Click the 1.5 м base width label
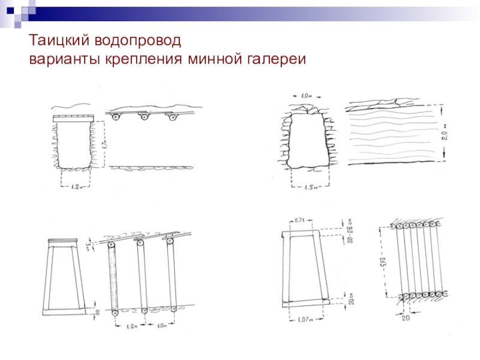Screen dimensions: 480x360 point(310,188)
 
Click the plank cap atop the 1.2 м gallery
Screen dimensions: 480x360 point(73,117)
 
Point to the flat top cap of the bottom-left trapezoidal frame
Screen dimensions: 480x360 point(68,241)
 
